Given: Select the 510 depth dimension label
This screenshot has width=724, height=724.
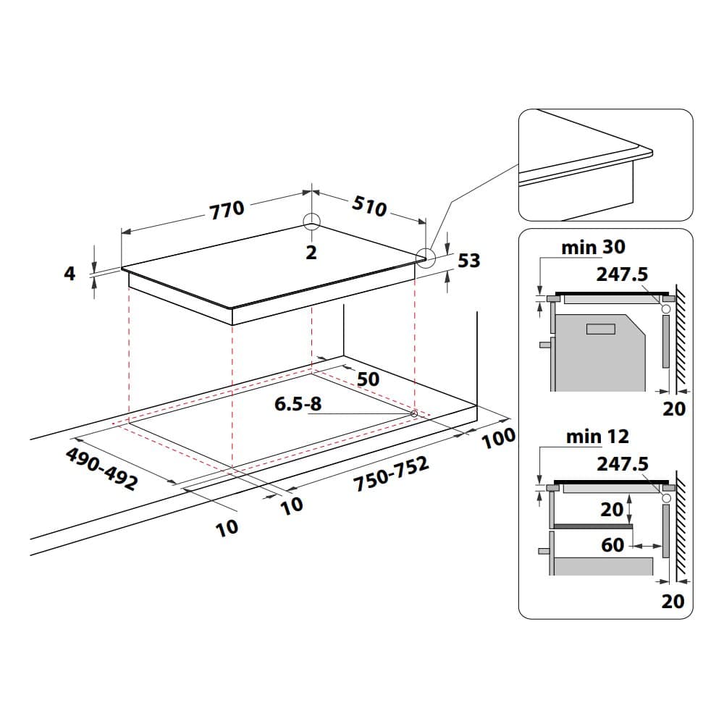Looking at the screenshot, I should click(369, 206).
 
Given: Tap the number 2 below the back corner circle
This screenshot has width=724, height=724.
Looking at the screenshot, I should click(311, 253).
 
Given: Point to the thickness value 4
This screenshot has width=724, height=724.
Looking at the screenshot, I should click(70, 274).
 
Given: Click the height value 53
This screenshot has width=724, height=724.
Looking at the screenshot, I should click(469, 260).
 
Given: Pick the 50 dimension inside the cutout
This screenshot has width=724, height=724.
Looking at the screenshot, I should click(369, 379).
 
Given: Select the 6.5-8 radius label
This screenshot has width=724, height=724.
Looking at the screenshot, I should click(298, 404).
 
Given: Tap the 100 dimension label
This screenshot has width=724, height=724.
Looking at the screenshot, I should click(498, 437).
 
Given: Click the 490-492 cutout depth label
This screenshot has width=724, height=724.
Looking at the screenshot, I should click(101, 469).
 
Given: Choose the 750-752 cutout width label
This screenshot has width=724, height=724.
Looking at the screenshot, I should click(392, 475).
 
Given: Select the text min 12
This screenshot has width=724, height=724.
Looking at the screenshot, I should click(597, 436).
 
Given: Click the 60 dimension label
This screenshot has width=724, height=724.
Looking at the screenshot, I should click(613, 544).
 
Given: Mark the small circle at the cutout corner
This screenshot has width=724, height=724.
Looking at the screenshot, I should click(414, 413).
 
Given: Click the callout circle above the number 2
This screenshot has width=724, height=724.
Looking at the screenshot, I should click(311, 222).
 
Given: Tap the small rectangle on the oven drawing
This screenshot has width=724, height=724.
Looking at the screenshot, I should click(600, 330).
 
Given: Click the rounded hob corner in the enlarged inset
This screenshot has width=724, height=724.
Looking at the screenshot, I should click(647, 151).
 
